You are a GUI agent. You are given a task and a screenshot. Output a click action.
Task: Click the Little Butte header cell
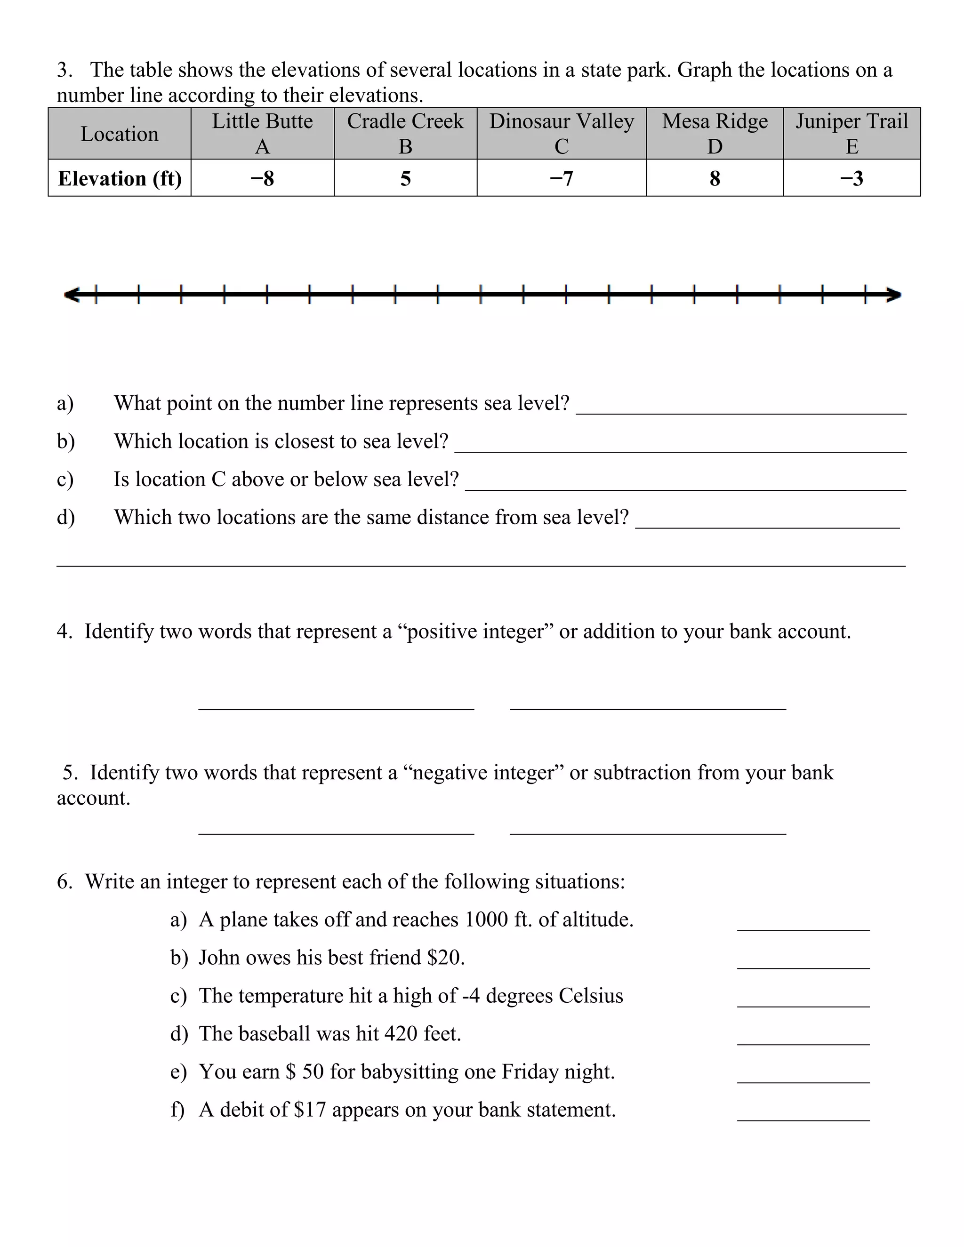click(x=262, y=133)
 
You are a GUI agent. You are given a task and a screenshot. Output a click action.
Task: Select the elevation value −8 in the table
click(x=262, y=178)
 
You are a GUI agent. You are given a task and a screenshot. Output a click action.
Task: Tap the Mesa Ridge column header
click(x=715, y=133)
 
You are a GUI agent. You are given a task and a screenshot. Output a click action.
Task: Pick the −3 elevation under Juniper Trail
click(x=852, y=178)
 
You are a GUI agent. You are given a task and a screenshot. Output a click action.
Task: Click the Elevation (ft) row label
click(x=120, y=178)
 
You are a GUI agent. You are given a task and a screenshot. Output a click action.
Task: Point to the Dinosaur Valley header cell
click(x=562, y=133)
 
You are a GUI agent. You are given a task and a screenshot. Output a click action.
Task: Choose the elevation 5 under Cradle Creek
click(x=405, y=178)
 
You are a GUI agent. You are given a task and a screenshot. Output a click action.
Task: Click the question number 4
click(x=64, y=631)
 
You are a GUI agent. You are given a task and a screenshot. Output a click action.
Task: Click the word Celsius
click(x=591, y=996)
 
